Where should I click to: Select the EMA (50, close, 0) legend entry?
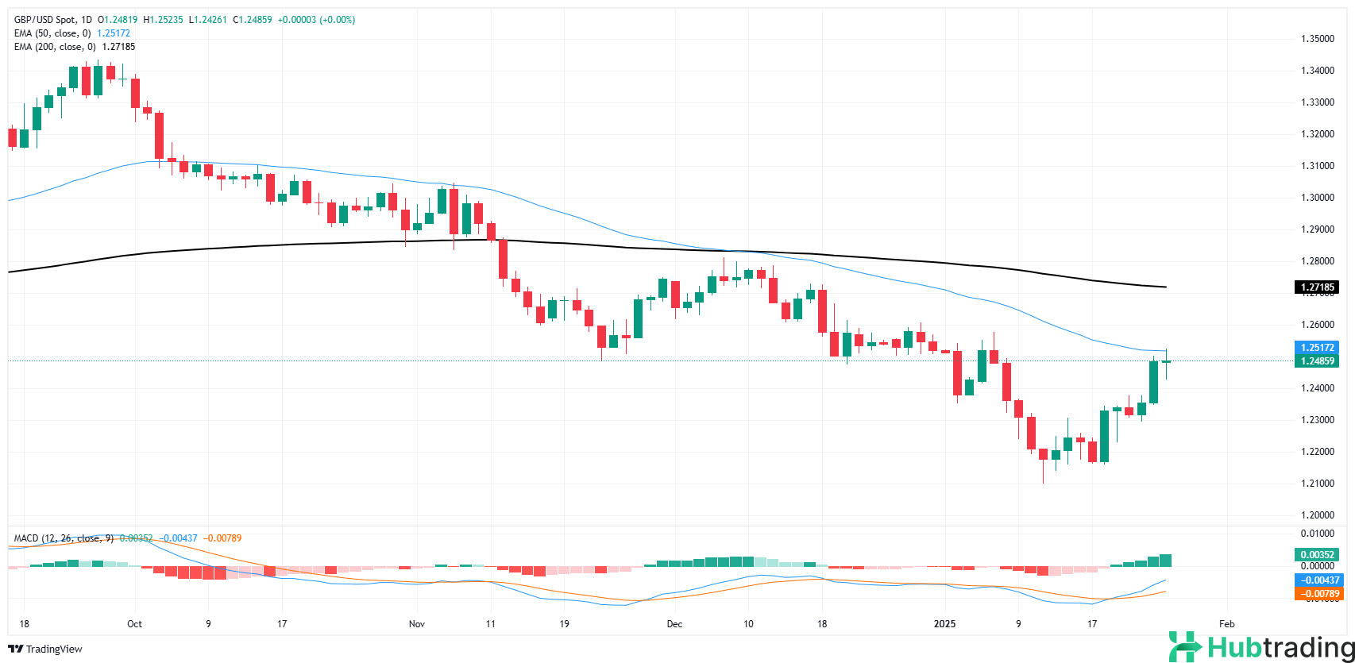coord(52,33)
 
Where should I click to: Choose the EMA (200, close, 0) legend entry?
coord(55,47)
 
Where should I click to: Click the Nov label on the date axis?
coord(418,624)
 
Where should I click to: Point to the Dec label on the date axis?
coord(674,624)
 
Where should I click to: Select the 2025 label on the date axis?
coord(945,624)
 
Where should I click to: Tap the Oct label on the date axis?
coord(134,624)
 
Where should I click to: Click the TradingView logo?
coord(45,649)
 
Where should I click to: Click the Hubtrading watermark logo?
coord(1259,648)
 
